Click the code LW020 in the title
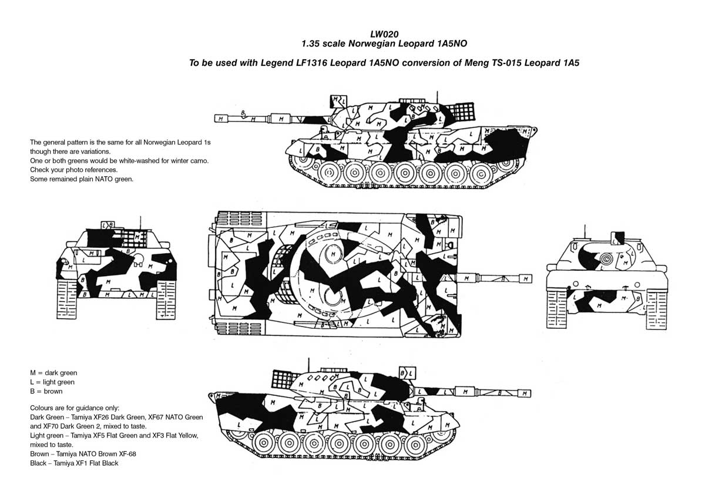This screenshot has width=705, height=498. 384,34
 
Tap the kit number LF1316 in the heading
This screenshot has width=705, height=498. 312,63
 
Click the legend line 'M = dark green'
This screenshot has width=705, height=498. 53,373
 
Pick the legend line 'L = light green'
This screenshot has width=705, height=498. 52,382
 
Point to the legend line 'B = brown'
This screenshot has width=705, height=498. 46,391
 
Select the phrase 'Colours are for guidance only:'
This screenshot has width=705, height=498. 75,408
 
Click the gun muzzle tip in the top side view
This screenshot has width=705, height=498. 215,119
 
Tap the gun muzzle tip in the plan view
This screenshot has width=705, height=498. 532,279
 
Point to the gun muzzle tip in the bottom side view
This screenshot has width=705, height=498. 531,393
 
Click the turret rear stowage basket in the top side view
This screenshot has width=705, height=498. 460,112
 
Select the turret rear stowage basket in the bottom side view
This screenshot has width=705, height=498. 286,379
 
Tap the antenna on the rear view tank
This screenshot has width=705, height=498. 140,223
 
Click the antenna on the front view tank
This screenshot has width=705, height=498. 585,232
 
